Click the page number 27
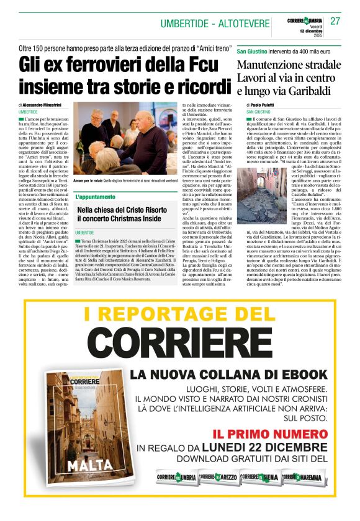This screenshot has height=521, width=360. coord(335,21)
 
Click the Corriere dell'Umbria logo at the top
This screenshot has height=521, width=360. coord(305,20)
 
